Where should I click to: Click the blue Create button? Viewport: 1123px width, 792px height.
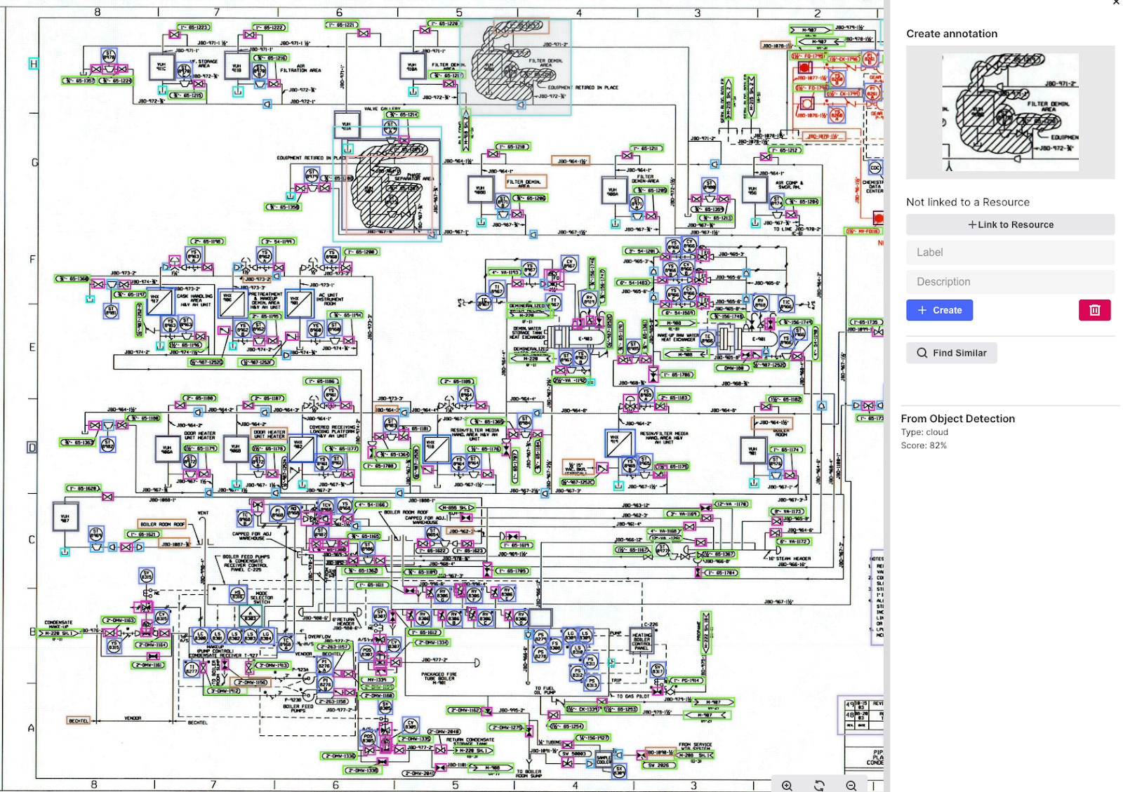(x=938, y=310)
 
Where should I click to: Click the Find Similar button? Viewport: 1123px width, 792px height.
(x=951, y=353)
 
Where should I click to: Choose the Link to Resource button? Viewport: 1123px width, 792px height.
(x=1010, y=224)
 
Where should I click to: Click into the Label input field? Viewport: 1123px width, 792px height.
(x=1010, y=253)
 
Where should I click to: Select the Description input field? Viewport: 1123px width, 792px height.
(x=1010, y=282)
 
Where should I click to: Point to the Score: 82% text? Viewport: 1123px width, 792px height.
(x=924, y=445)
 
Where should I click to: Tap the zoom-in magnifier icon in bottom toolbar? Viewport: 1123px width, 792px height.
(x=787, y=786)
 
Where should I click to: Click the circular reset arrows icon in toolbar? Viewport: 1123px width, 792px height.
(x=819, y=786)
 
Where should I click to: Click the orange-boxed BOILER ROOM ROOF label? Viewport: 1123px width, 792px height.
(x=162, y=524)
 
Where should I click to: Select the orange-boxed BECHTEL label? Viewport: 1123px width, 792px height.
(x=79, y=720)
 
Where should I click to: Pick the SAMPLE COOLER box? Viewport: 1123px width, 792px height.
(x=604, y=759)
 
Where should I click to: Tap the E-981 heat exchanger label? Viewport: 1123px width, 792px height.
(x=759, y=340)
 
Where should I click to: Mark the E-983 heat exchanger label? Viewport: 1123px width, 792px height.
(x=585, y=339)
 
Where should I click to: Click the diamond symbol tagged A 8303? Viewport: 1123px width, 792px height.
(x=251, y=617)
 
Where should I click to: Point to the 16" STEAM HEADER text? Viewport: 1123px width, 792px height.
(x=790, y=559)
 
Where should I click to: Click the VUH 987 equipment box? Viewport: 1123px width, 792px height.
(x=65, y=517)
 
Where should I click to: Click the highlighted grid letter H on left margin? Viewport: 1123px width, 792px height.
(x=33, y=64)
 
